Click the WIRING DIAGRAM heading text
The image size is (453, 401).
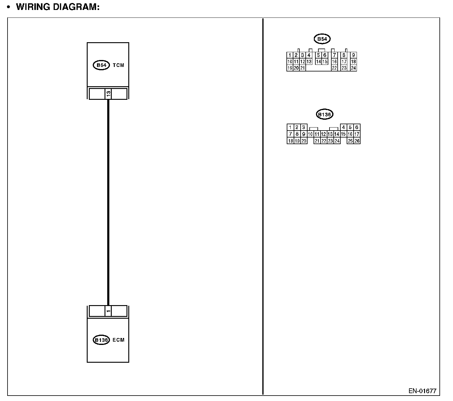(x=58, y=7)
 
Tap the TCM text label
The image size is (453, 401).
(x=118, y=65)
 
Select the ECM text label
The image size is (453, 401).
(x=118, y=340)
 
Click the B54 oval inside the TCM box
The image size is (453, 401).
(x=101, y=65)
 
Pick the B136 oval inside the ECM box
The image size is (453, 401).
(x=101, y=340)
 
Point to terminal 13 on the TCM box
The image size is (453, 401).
(x=108, y=94)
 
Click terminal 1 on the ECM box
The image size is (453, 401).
(x=108, y=311)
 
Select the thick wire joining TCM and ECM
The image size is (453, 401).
(x=108, y=202)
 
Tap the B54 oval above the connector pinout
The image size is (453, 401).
(x=322, y=39)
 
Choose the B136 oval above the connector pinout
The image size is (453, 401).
(x=325, y=114)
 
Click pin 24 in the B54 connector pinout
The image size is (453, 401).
(x=354, y=68)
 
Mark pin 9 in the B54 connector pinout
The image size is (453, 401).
(x=354, y=55)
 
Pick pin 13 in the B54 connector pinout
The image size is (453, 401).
(x=309, y=62)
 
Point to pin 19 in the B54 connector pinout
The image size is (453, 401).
(x=290, y=68)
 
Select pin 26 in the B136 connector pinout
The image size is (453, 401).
(x=357, y=141)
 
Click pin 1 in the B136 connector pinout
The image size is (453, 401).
(x=290, y=127)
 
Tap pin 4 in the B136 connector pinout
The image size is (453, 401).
(x=343, y=127)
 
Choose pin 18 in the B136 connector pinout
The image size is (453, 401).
(x=290, y=141)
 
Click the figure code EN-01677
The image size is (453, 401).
(x=422, y=391)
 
